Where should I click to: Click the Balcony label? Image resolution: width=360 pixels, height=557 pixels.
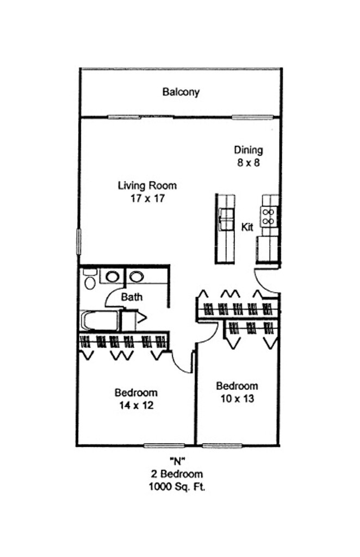[x=181, y=92]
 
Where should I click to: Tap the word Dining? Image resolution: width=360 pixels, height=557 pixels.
[x=248, y=150]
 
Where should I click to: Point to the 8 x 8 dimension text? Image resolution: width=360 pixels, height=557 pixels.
[x=248, y=163]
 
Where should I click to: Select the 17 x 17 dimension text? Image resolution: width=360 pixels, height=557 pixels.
[x=147, y=198]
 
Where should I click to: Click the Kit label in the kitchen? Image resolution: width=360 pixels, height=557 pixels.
[x=247, y=227]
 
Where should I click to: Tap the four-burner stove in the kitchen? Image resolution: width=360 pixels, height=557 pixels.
[x=270, y=216]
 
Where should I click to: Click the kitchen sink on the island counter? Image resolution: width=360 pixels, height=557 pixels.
[x=226, y=220]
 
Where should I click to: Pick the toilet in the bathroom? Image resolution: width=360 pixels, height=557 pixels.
[x=90, y=279]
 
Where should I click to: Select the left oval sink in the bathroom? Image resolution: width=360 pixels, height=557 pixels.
[x=112, y=276]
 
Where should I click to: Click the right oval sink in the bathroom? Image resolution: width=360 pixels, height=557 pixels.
[x=136, y=276]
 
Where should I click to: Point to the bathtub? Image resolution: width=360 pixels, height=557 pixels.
[x=100, y=320]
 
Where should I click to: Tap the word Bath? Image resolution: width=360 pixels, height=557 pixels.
[x=132, y=296]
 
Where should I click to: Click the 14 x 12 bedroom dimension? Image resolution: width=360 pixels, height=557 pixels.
[x=136, y=405]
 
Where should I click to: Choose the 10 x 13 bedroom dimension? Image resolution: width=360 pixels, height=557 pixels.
[x=237, y=399]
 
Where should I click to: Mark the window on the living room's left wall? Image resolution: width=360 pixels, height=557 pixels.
[x=79, y=242]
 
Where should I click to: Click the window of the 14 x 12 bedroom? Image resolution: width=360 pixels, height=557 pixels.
[x=164, y=445]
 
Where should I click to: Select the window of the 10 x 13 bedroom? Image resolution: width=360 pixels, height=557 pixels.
[x=222, y=445]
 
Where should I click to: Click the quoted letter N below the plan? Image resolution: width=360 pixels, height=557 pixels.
[x=177, y=461]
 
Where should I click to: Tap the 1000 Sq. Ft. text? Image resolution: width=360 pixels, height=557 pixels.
[x=177, y=486]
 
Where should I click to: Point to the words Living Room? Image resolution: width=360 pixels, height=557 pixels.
[x=147, y=185]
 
